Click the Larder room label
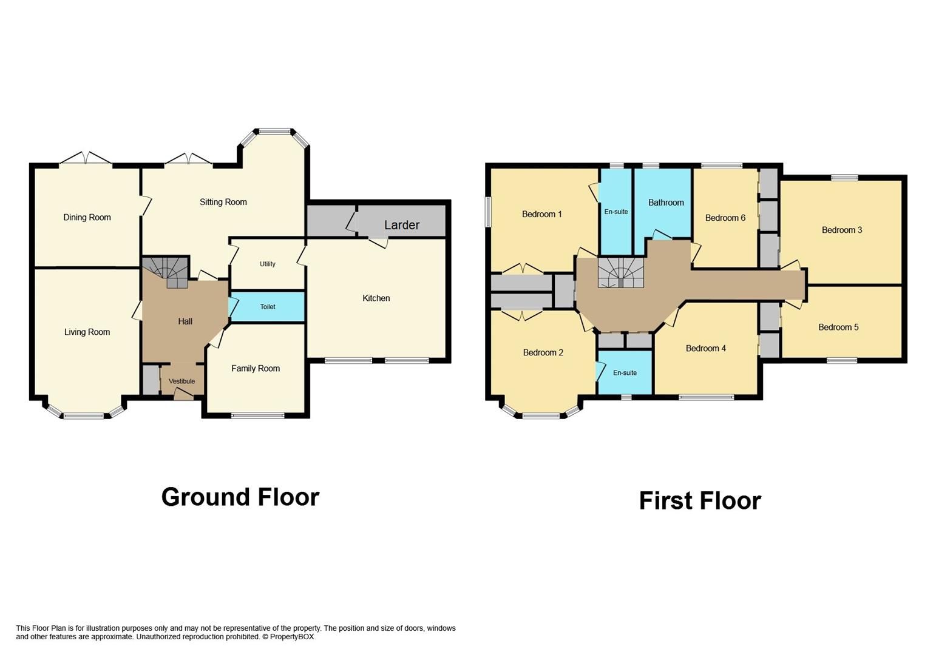401,225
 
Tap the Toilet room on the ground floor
268,307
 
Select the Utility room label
268,264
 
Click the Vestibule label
181,381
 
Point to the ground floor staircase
167,271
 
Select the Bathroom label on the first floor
665,203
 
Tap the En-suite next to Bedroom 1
616,212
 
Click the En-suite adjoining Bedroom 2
625,373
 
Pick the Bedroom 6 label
725,218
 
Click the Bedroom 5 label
838,327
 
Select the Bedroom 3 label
841,230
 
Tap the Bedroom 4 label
705,348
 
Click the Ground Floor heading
240,497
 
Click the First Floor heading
699,501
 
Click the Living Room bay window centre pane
84,416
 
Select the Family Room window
257,416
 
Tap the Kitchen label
376,298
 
